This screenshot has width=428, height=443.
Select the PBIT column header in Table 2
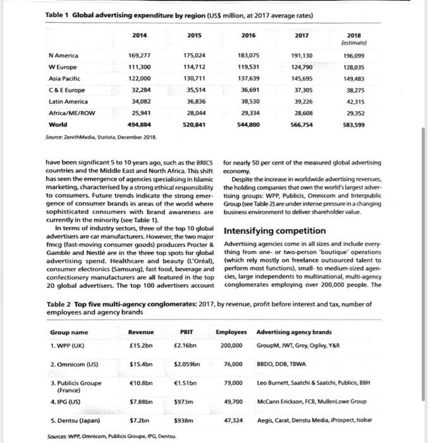[x=186, y=332]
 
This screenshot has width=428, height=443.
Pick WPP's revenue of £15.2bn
[x=140, y=345]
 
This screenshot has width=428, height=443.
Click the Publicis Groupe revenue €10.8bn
[x=140, y=383]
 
